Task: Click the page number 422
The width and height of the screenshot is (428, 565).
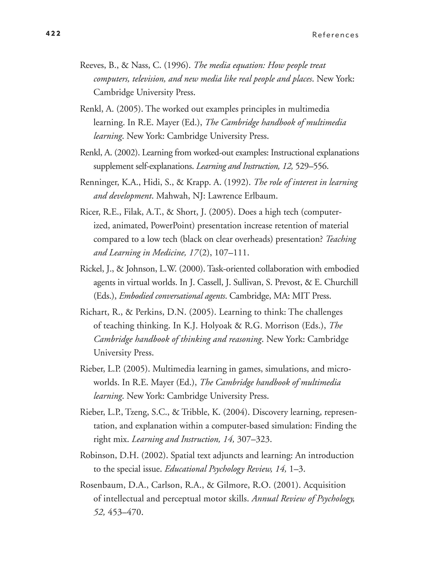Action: (53, 33)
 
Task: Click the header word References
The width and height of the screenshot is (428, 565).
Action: (335, 35)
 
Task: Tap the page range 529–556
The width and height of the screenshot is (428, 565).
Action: (311, 166)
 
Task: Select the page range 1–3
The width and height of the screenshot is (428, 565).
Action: (297, 469)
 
